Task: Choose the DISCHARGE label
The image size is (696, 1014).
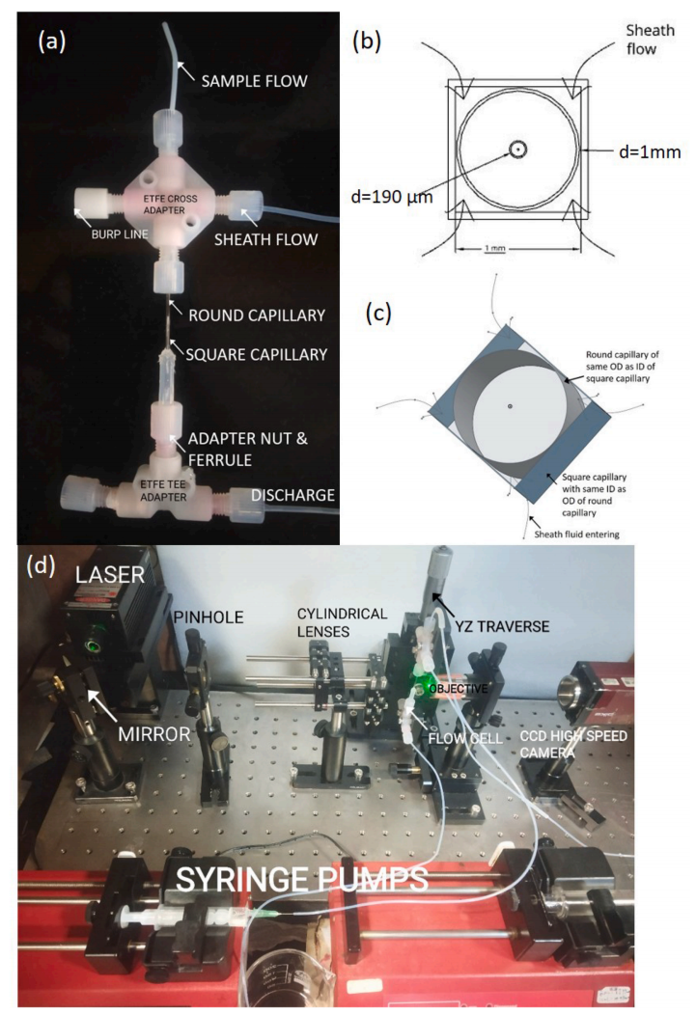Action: [x=293, y=495]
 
